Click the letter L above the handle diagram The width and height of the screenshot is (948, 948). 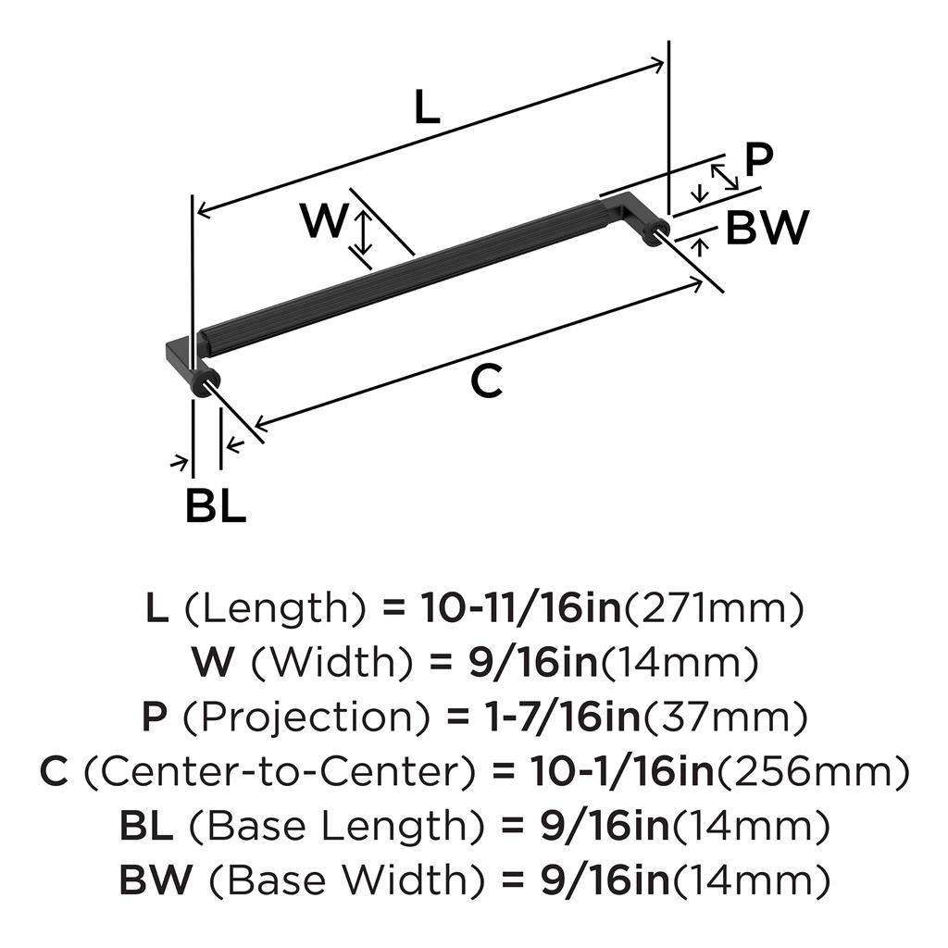(x=426, y=108)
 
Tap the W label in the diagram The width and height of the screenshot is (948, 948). (x=323, y=222)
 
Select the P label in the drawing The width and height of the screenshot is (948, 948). (x=758, y=160)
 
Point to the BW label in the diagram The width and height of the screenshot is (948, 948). (x=767, y=228)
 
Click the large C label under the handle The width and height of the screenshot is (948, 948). (x=486, y=380)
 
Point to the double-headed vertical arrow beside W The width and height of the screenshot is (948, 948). (x=365, y=232)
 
